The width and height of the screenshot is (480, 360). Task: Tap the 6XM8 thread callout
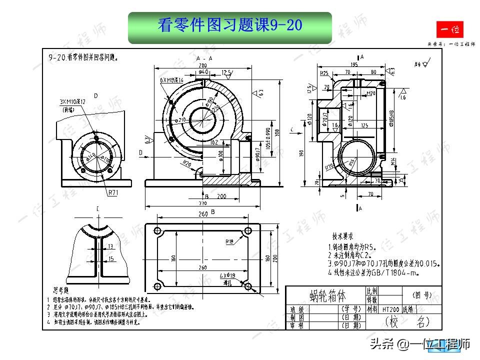coord(171,80)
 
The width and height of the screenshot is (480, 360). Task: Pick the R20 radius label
coord(186,163)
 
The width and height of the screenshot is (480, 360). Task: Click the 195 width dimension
coord(353,64)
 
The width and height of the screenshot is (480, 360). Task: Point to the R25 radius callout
coord(324,73)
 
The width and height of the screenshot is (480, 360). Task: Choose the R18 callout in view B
coord(229,241)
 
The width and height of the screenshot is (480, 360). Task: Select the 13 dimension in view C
coord(111,246)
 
